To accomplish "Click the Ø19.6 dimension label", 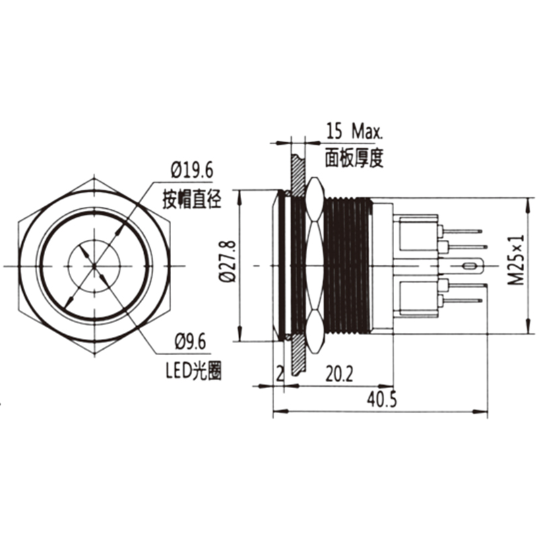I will click(192, 170).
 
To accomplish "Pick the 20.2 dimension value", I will click(341, 373).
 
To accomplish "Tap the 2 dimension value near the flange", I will click(279, 373).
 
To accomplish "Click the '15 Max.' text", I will click(354, 129).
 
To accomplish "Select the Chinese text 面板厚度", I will click(354, 158).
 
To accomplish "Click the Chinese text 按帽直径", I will click(192, 199).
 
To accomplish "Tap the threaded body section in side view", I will click(347, 266).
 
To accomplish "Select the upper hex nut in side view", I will click(313, 202).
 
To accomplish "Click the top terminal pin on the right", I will click(465, 231).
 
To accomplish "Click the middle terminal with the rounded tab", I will click(472, 266).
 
